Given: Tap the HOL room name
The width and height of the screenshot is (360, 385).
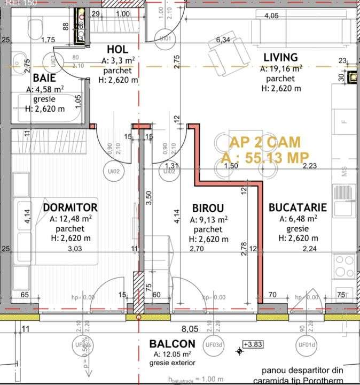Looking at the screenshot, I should tap(118, 50).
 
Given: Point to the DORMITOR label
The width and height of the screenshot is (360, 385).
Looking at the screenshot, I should tap(70, 207).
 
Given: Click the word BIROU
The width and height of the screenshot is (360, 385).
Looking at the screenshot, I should tap(208, 208).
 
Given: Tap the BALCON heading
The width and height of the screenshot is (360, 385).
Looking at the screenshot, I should tap(172, 343).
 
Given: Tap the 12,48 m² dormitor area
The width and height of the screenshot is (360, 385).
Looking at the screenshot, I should tap(71, 219).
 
